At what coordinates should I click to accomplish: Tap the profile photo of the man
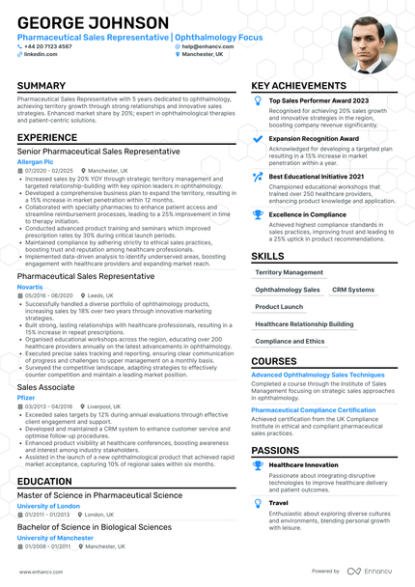(367, 43)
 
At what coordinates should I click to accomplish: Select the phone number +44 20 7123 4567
(48, 45)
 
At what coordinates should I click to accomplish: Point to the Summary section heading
(41, 86)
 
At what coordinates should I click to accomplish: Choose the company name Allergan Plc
(36, 161)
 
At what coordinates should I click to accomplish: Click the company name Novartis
(30, 287)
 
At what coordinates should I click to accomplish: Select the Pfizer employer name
(26, 397)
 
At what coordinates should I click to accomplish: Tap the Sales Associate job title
(46, 386)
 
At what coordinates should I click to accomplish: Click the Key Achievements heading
(299, 86)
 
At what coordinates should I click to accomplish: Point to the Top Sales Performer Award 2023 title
(318, 100)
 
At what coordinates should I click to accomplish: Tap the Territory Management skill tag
(290, 272)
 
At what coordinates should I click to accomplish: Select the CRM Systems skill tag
(353, 290)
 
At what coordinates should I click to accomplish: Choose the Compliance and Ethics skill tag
(290, 341)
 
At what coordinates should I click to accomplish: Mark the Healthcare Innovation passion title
(303, 464)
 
